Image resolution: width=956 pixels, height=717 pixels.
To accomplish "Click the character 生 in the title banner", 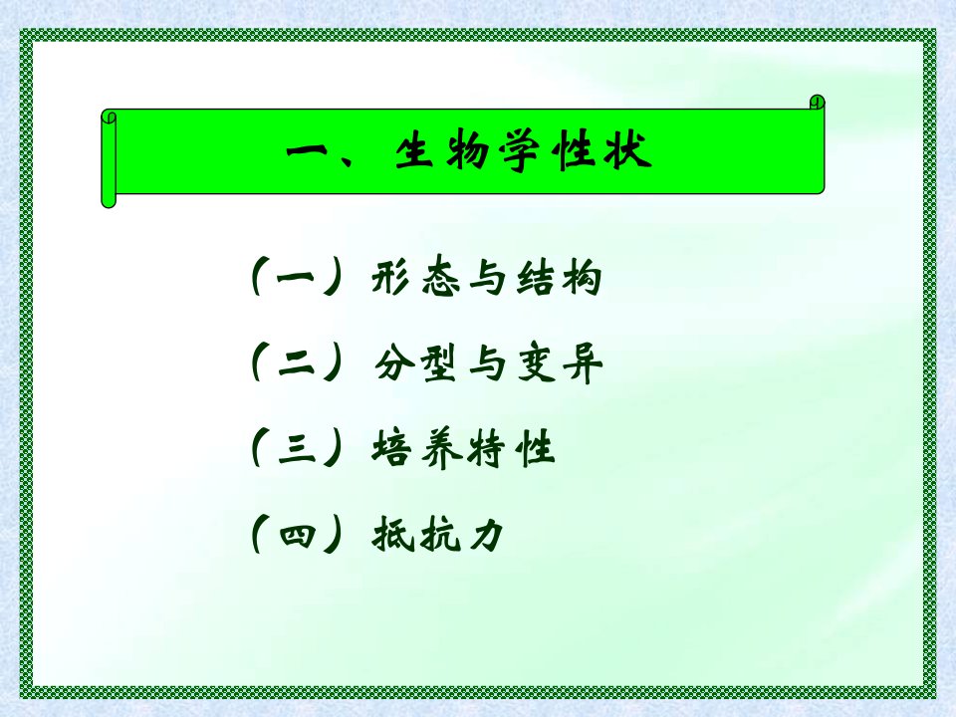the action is [x=414, y=150].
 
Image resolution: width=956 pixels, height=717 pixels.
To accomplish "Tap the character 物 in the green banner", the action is [x=467, y=150].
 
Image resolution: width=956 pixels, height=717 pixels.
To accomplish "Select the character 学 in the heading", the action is [x=520, y=151].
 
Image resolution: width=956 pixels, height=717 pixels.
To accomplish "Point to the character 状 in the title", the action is [x=628, y=150].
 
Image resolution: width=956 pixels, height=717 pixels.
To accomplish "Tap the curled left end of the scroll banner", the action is [x=109, y=158].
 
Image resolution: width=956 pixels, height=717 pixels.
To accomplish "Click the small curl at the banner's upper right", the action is [x=817, y=103].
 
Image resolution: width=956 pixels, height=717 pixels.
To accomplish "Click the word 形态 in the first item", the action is [x=415, y=278].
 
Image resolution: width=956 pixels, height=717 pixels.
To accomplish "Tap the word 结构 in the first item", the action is [x=559, y=278].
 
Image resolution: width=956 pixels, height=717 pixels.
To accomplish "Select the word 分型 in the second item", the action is [x=415, y=363].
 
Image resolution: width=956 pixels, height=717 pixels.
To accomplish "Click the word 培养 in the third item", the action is [x=414, y=449].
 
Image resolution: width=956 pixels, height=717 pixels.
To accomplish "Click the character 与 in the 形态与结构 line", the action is [x=488, y=278].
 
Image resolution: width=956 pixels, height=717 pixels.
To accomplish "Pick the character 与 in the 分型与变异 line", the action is [x=488, y=364].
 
